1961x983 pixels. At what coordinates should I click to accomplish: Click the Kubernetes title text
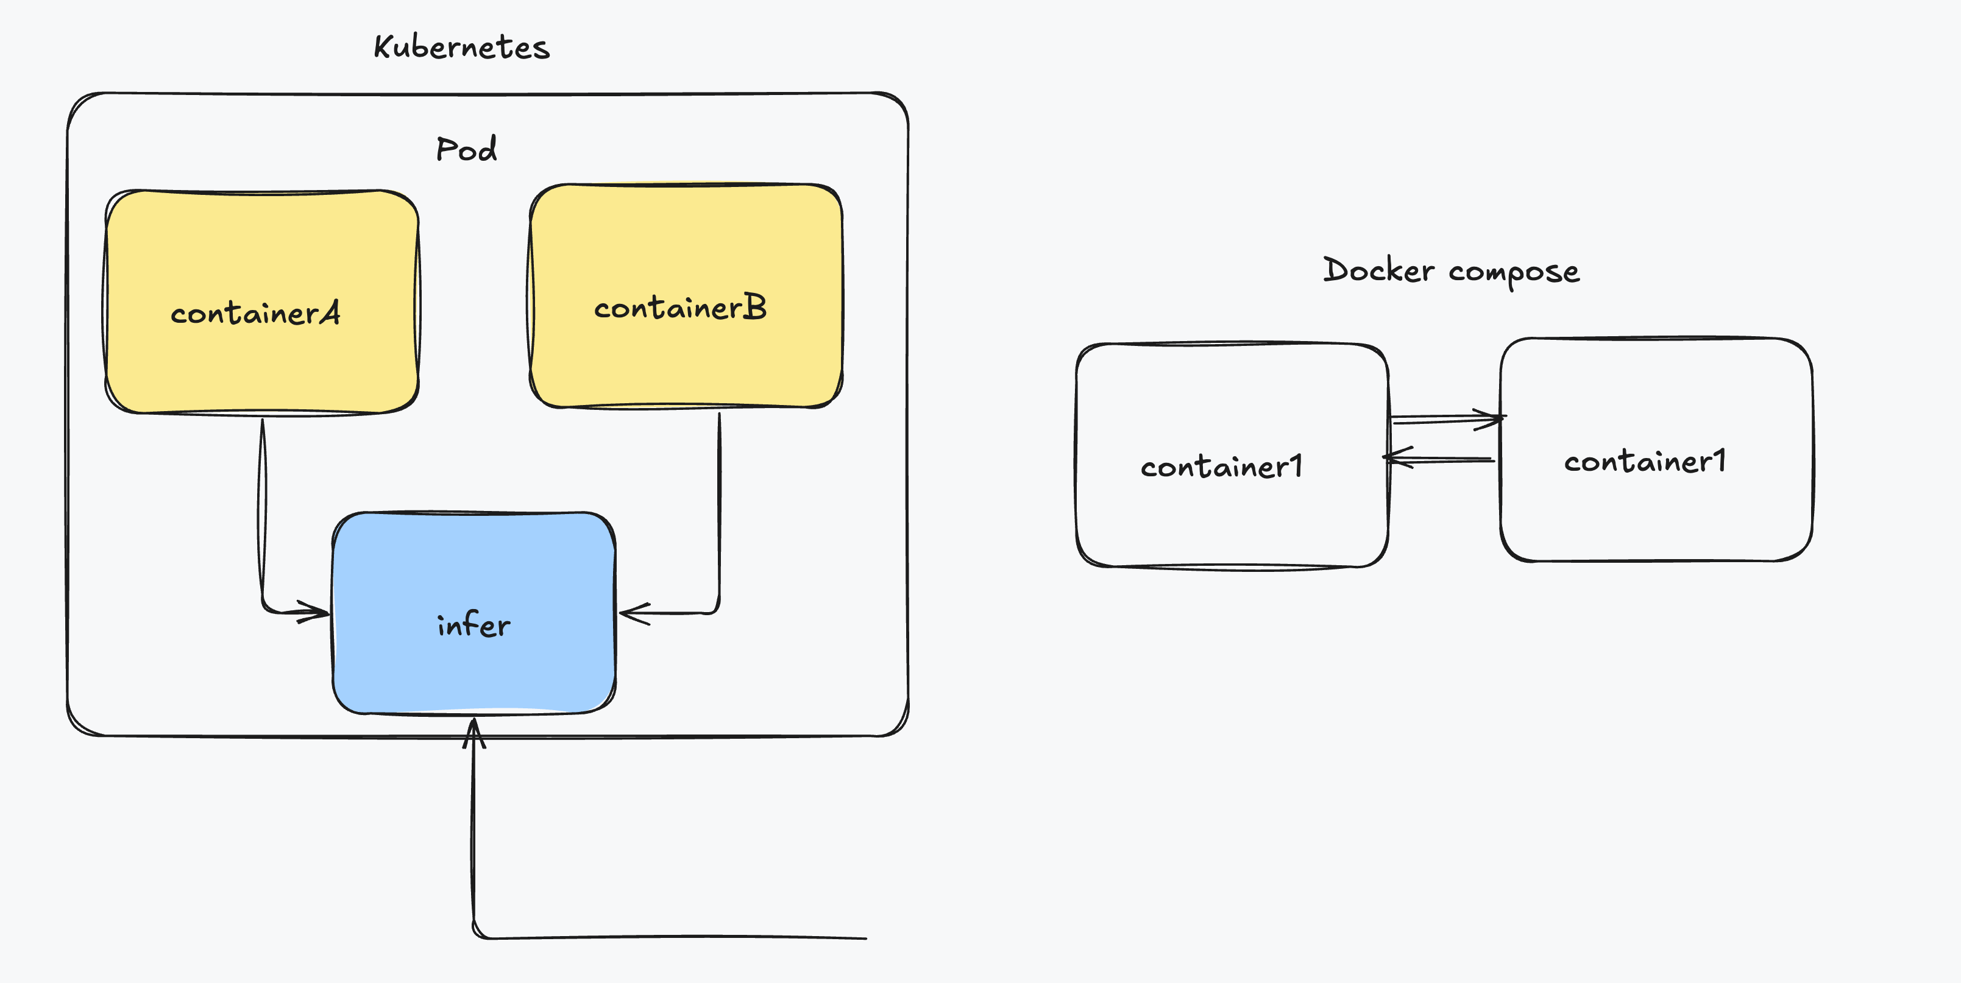(461, 47)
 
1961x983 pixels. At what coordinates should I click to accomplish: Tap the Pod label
(467, 149)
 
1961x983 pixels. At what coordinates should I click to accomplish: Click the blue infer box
(473, 613)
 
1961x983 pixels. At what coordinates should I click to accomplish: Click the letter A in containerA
(329, 312)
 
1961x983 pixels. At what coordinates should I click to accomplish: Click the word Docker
(1378, 270)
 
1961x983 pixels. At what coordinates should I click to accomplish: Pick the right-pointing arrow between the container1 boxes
(1447, 418)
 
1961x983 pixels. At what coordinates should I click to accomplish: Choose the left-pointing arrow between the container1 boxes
(1438, 459)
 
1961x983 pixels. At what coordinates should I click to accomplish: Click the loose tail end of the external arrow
(867, 938)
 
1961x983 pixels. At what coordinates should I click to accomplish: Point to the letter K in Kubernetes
(382, 46)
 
